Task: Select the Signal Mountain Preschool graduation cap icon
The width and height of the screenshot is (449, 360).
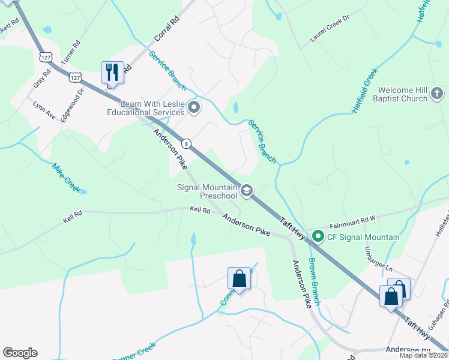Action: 246,191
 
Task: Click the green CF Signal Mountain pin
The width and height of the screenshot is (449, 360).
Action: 318,237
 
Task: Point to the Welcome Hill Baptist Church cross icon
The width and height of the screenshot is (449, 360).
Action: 437,94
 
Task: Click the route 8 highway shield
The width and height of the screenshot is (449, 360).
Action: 187,144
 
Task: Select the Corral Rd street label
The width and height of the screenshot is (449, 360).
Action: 167,28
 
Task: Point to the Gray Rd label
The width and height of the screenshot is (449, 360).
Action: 43,77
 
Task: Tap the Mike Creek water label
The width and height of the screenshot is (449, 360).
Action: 66,178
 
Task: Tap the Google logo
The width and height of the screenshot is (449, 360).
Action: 20,353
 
